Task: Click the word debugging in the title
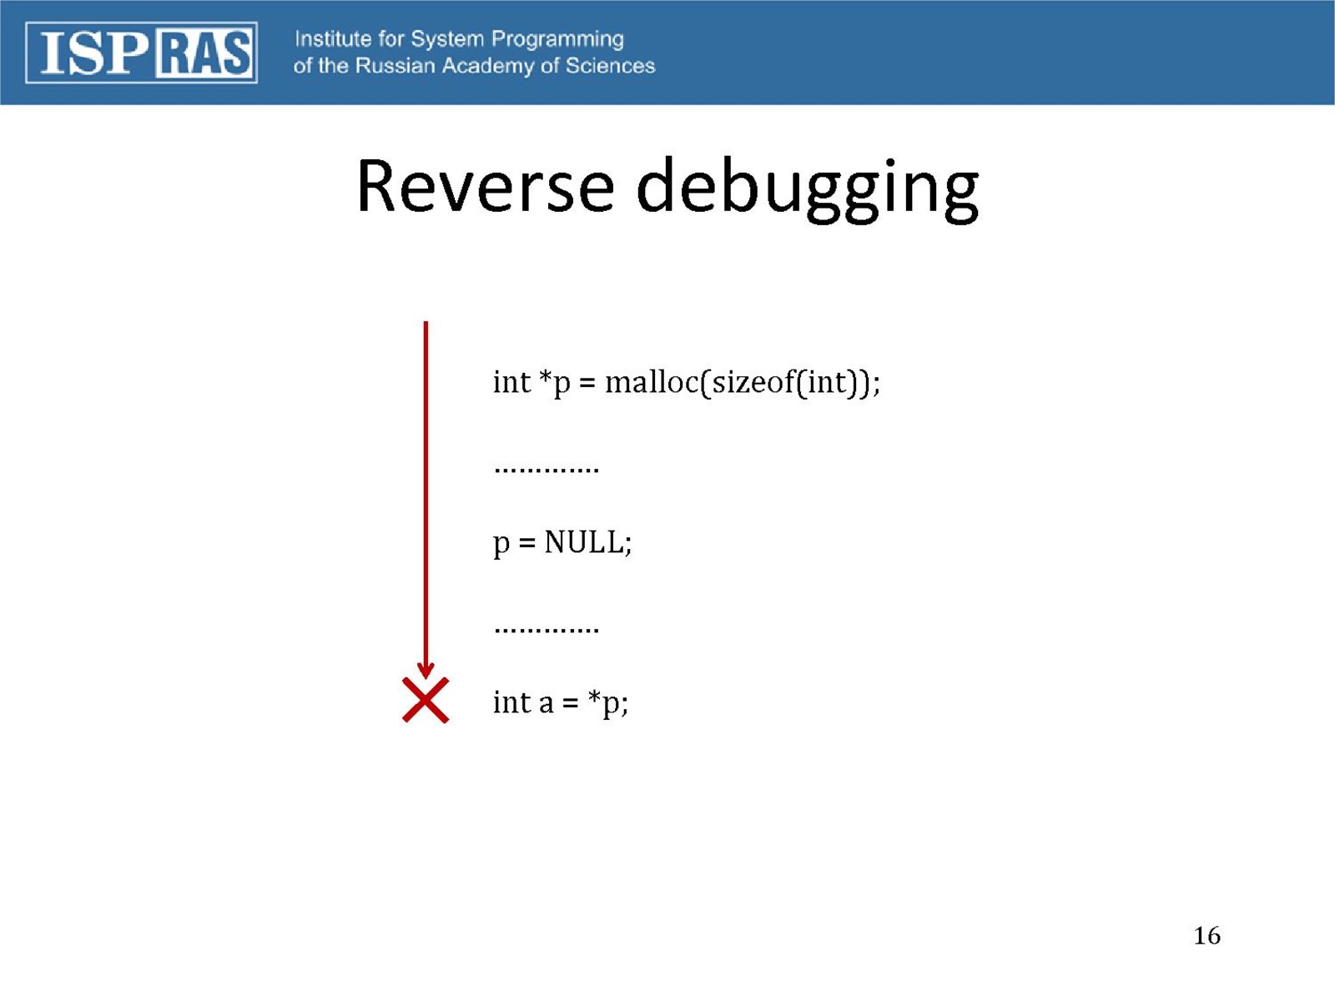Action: click(x=807, y=189)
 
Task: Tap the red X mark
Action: click(x=426, y=700)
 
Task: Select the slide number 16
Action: click(x=1207, y=936)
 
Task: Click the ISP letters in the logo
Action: click(x=94, y=53)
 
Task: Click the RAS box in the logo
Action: click(x=204, y=53)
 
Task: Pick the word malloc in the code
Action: click(x=652, y=382)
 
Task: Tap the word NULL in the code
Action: click(x=582, y=542)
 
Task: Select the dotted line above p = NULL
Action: click(x=547, y=469)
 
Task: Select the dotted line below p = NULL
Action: click(x=547, y=630)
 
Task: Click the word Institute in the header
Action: click(x=333, y=39)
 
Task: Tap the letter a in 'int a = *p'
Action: click(x=546, y=704)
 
